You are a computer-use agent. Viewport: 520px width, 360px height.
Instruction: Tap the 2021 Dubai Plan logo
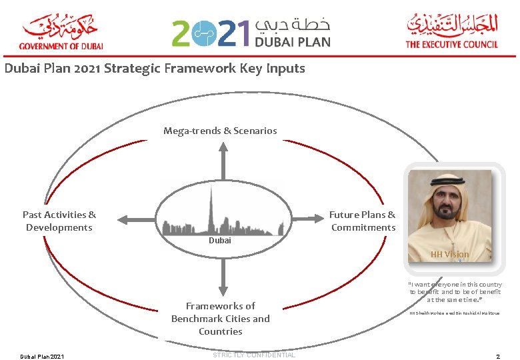point(251,32)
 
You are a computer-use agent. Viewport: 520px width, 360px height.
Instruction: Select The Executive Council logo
point(451,32)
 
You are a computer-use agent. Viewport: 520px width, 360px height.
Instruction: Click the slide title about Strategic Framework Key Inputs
point(155,68)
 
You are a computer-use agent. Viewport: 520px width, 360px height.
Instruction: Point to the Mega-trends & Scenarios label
point(220,131)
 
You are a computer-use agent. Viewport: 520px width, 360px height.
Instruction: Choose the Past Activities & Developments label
point(59,221)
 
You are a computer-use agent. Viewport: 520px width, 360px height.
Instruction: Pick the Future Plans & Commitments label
point(363,221)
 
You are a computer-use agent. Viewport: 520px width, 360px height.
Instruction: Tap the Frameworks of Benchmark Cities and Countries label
point(221,319)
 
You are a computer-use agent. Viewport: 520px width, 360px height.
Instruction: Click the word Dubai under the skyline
point(220,241)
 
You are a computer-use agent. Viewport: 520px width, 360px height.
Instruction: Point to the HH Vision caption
point(449,254)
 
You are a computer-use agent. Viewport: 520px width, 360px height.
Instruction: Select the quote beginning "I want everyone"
point(455,292)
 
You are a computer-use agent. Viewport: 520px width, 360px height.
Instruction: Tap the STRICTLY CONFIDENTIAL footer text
point(253,355)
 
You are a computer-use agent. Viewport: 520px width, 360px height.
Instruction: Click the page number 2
point(499,357)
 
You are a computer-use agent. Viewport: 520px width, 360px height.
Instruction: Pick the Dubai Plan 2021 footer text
point(42,357)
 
